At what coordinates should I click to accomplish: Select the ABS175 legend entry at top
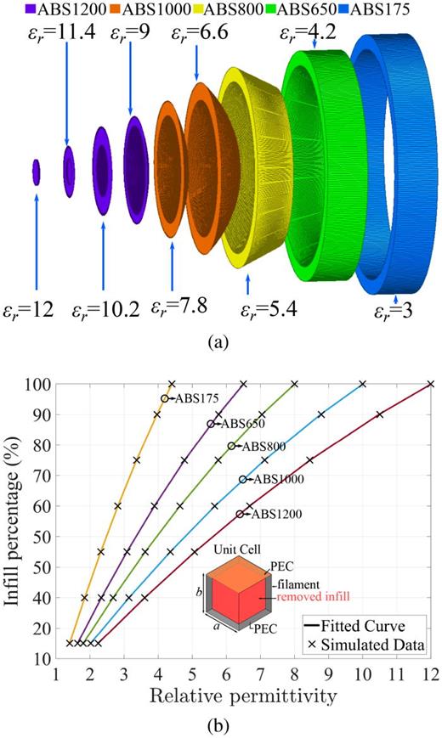[x=399, y=11]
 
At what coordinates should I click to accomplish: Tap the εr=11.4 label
[x=67, y=35]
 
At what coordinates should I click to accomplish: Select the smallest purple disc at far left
[x=36, y=171]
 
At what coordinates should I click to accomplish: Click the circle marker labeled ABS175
[x=165, y=398]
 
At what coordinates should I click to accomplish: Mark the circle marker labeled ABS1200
[x=241, y=514]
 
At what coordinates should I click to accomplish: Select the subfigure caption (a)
[x=220, y=342]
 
